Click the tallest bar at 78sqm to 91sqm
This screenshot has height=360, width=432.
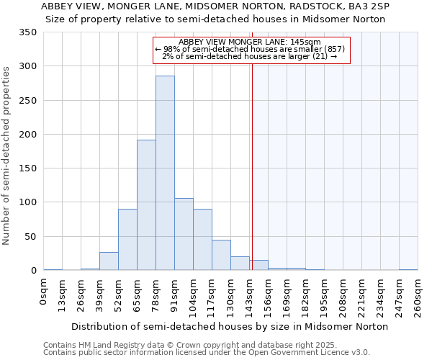tap(165, 173)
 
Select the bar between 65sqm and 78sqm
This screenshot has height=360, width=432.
tap(146, 205)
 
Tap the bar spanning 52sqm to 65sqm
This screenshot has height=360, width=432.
tap(127, 240)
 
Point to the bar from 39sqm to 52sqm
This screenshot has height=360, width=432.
tap(109, 261)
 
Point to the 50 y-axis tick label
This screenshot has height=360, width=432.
tap(30, 236)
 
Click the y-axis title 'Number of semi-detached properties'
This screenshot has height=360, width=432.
tap(6, 155)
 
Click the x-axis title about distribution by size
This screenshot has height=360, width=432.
tap(230, 326)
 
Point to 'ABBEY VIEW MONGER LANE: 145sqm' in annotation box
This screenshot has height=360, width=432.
tap(250, 42)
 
